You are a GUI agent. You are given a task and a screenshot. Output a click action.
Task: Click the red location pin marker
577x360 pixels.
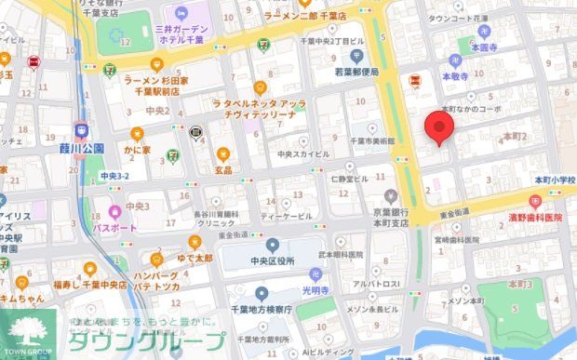(x=438, y=129)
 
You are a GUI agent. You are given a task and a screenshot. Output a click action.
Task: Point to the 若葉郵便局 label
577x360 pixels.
(x=356, y=72)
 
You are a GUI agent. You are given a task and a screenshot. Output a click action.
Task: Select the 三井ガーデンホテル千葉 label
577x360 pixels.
(x=193, y=35)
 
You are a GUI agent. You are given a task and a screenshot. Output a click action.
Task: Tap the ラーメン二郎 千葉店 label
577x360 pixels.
(x=304, y=16)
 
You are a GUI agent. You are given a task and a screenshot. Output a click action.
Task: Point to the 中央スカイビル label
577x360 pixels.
(x=302, y=153)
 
